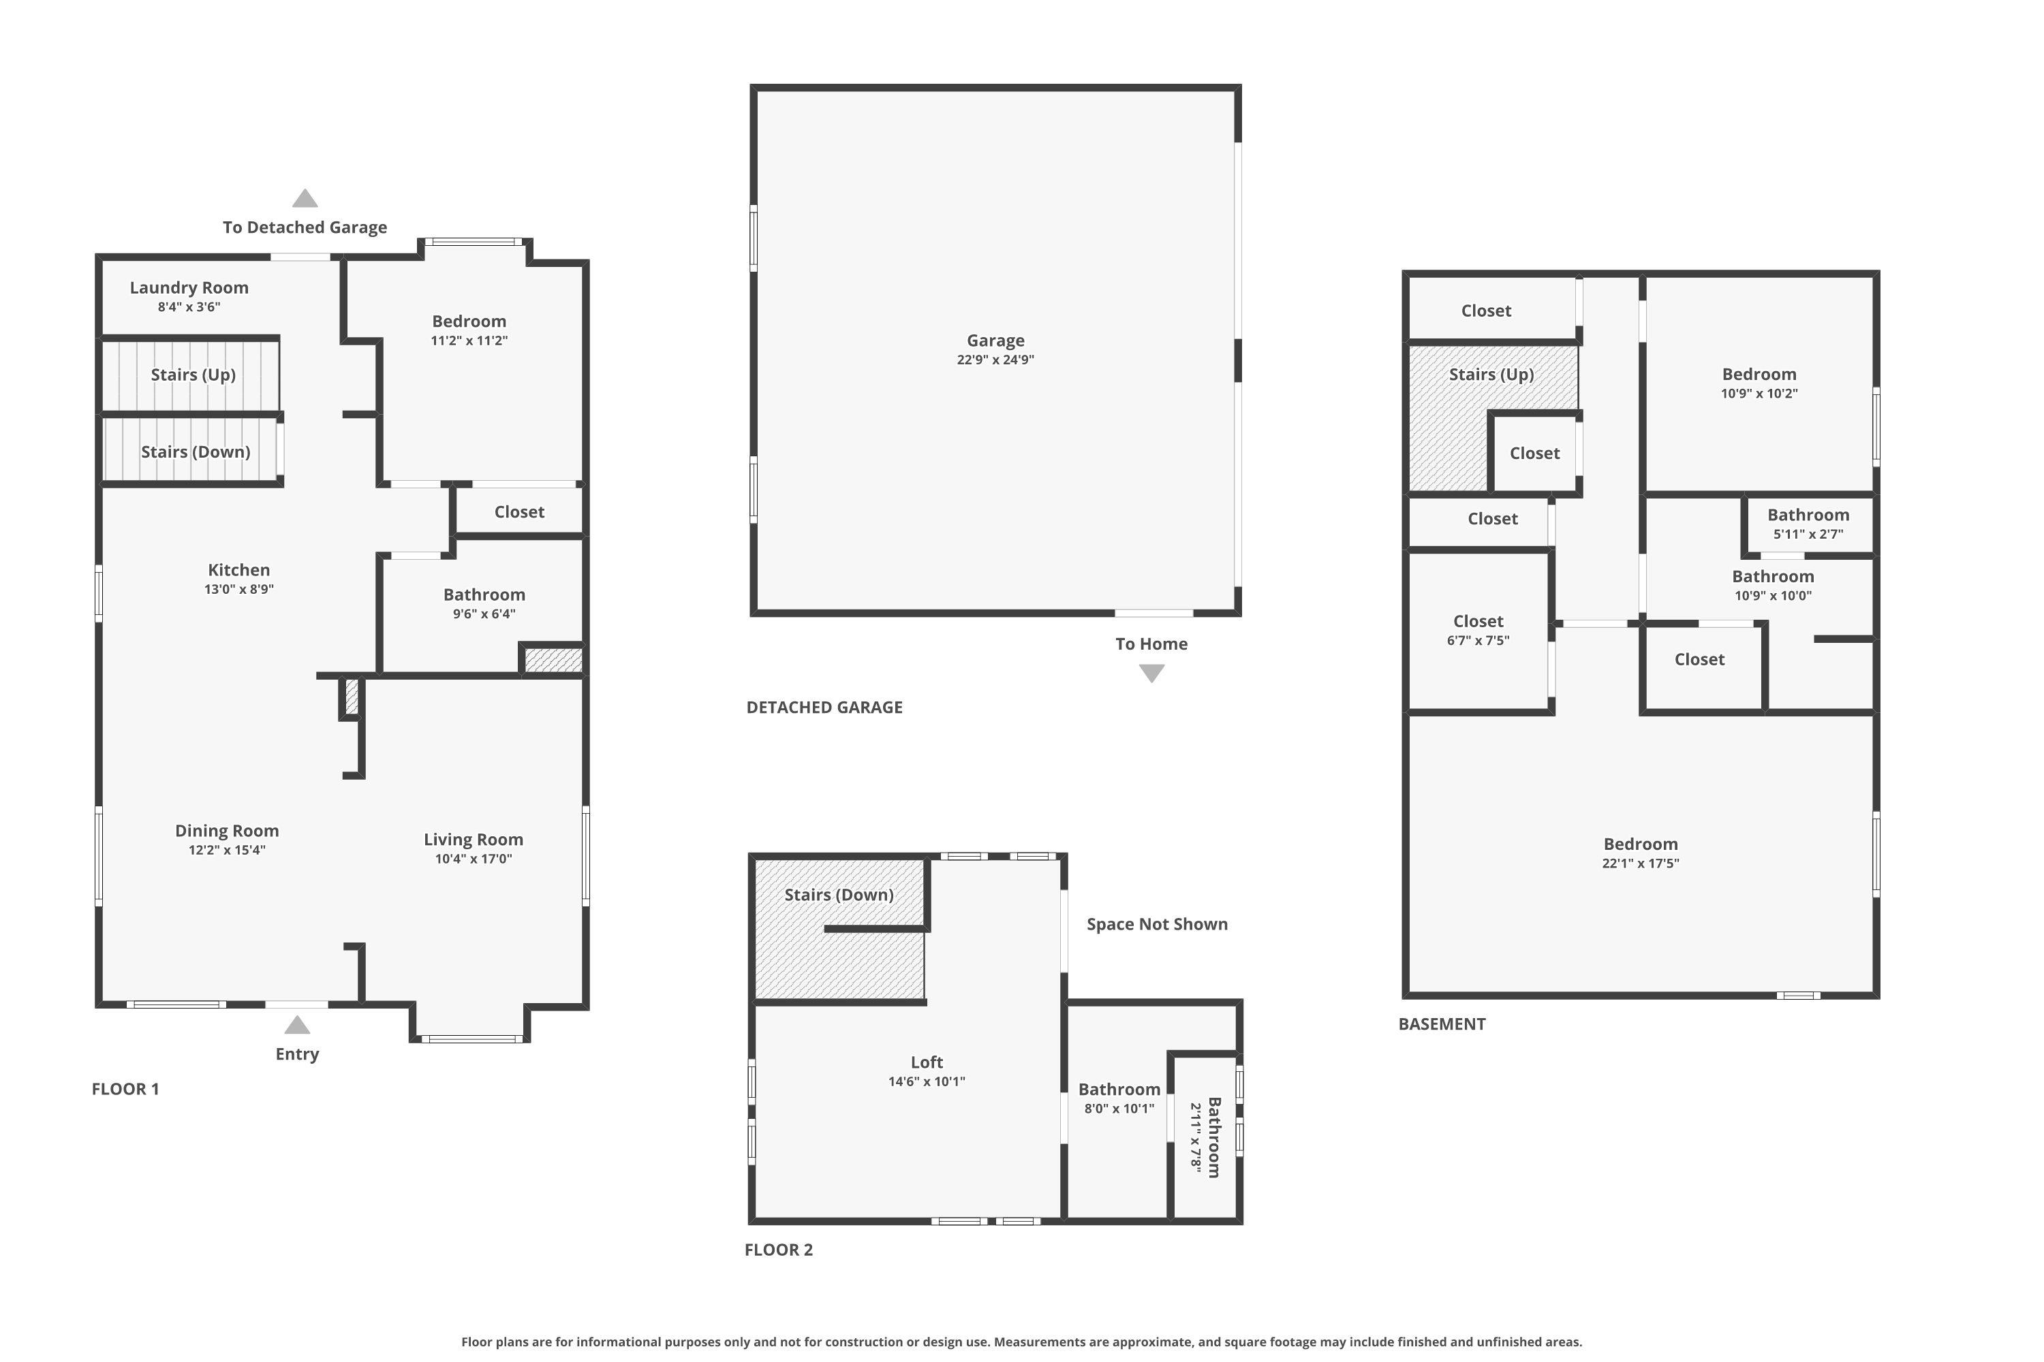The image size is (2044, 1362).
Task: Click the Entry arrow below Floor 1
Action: [297, 1025]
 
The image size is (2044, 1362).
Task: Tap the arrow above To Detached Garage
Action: [304, 198]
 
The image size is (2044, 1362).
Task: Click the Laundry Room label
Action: [189, 287]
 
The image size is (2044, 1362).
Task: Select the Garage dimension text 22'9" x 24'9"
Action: [996, 360]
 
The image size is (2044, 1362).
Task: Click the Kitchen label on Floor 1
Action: [239, 570]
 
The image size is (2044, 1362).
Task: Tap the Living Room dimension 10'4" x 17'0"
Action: [474, 859]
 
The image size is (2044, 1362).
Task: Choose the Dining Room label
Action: [227, 832]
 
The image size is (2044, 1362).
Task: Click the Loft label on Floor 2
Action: [927, 1062]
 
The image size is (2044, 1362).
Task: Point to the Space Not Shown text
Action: [1158, 924]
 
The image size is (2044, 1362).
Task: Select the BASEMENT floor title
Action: [1442, 1024]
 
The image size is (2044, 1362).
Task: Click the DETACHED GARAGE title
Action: [824, 707]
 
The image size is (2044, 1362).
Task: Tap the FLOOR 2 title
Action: [779, 1250]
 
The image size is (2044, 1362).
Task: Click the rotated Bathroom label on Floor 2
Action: [1214, 1138]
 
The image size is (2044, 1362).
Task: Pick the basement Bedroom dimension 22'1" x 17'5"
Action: [1641, 864]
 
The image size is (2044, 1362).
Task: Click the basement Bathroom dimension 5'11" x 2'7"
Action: [1808, 534]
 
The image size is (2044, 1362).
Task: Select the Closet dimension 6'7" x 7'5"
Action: [1478, 640]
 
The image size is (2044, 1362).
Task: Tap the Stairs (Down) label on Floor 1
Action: [196, 452]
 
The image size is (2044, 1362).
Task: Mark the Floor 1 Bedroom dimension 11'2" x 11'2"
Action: [469, 340]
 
